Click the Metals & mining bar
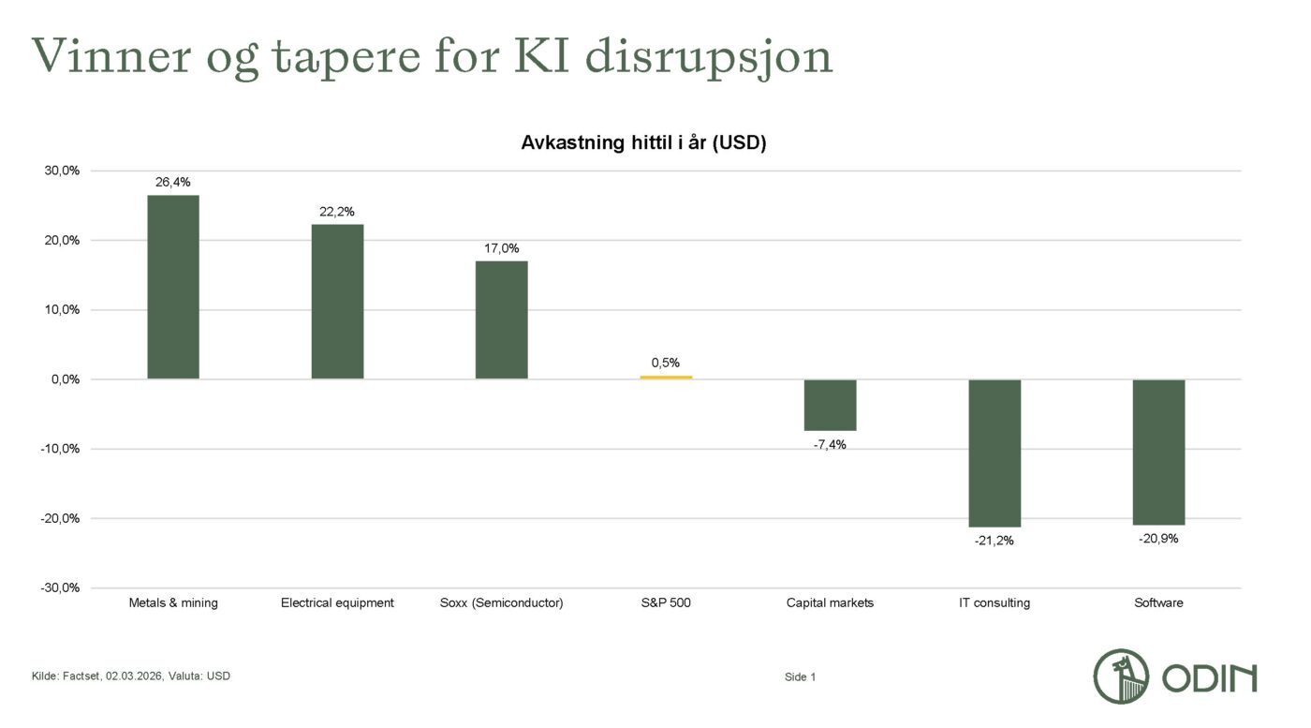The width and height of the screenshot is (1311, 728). (173, 287)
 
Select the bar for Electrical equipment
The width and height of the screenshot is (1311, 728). (337, 302)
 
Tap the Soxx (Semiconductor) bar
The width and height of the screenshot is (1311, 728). (501, 319)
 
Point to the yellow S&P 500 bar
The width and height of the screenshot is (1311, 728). (666, 377)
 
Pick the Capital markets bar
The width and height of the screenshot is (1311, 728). (830, 405)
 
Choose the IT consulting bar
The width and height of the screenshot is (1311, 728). (994, 453)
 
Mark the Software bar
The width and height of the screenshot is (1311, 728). (1158, 452)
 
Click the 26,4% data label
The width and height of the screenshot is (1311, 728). (173, 182)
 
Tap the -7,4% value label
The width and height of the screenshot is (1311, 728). (830, 444)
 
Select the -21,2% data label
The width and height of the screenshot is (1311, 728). (994, 541)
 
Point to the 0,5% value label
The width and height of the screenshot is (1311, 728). (666, 363)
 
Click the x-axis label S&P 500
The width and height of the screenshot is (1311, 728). (666, 602)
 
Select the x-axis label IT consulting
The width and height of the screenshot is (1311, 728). (994, 602)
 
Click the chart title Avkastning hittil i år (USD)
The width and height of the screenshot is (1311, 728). (643, 143)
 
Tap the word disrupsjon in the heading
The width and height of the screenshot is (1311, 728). (709, 56)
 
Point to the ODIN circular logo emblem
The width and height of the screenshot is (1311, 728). (1122, 676)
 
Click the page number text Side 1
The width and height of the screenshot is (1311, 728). (800, 676)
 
